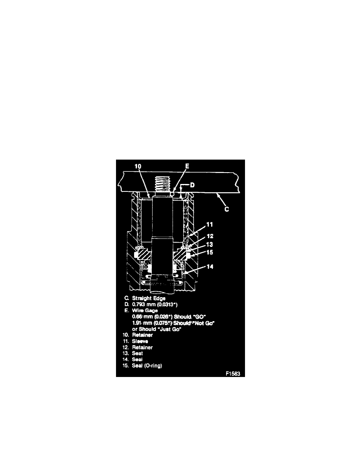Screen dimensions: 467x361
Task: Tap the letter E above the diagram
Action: (x=187, y=166)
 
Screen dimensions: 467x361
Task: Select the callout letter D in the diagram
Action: (x=193, y=184)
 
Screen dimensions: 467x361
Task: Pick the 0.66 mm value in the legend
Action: (x=140, y=316)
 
